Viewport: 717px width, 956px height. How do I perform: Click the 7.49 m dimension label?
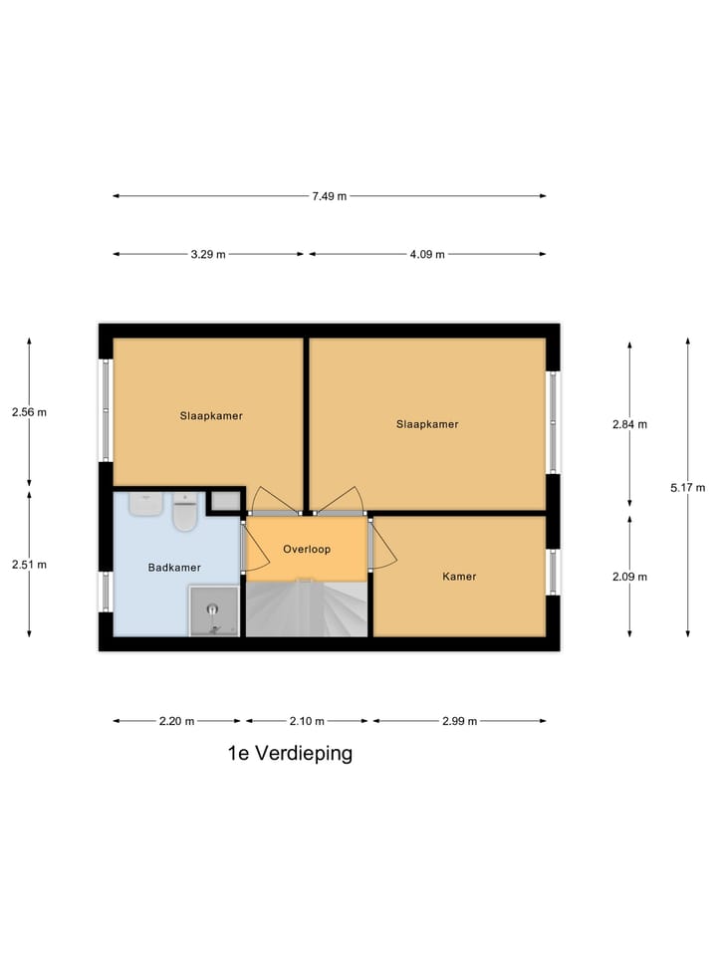coord(329,196)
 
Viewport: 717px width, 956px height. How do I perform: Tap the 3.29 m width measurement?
coord(208,254)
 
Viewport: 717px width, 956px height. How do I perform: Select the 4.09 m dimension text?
coord(426,254)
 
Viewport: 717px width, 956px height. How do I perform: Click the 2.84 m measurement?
coord(629,424)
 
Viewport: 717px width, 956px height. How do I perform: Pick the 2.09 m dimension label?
coord(629,577)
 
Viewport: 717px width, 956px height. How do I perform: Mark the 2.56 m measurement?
coord(29,411)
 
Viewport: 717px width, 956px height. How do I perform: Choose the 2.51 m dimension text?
coord(29,565)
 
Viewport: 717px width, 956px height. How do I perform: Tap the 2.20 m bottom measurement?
coord(176,721)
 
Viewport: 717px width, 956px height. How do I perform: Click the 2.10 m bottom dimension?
coord(306,721)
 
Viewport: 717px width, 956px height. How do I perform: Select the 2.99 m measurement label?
coord(458,721)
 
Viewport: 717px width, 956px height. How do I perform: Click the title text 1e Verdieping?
coord(290,754)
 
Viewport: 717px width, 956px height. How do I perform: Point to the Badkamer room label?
coord(174,568)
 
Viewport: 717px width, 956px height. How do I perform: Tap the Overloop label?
coord(306,549)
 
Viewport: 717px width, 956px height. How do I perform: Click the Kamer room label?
coord(459,577)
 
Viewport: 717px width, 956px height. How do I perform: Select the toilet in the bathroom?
coord(185,513)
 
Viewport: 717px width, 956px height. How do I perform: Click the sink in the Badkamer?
coord(145,504)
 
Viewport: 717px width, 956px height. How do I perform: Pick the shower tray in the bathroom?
coord(214,610)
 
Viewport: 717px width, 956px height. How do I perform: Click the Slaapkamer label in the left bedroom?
coord(211,415)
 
